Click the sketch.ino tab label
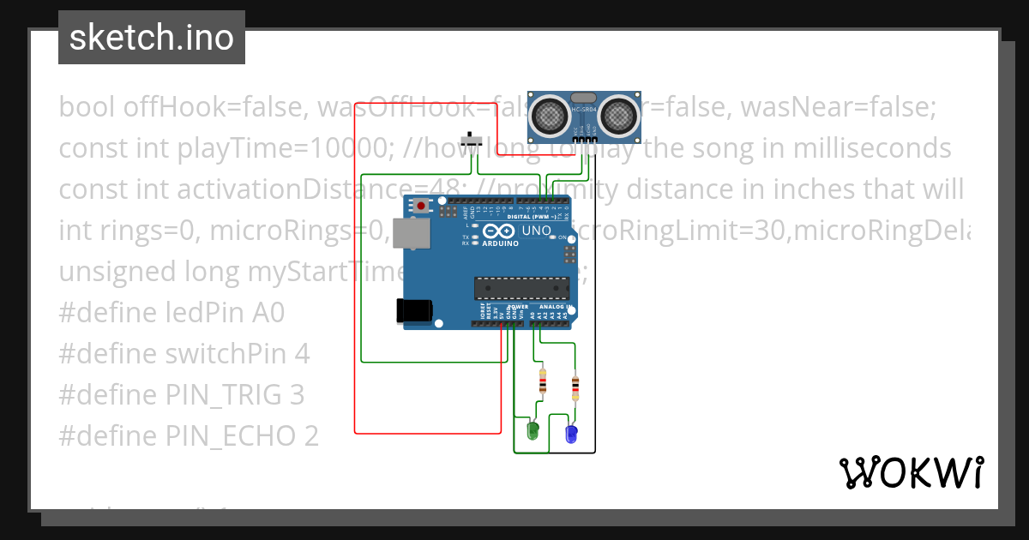[151, 38]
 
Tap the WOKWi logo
[911, 472]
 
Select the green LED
[532, 430]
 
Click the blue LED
[570, 433]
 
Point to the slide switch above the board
[470, 141]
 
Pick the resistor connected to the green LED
[542, 381]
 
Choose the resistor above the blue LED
[575, 387]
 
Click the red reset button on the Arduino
[421, 207]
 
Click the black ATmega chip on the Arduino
[521, 290]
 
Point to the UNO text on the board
[537, 231]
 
